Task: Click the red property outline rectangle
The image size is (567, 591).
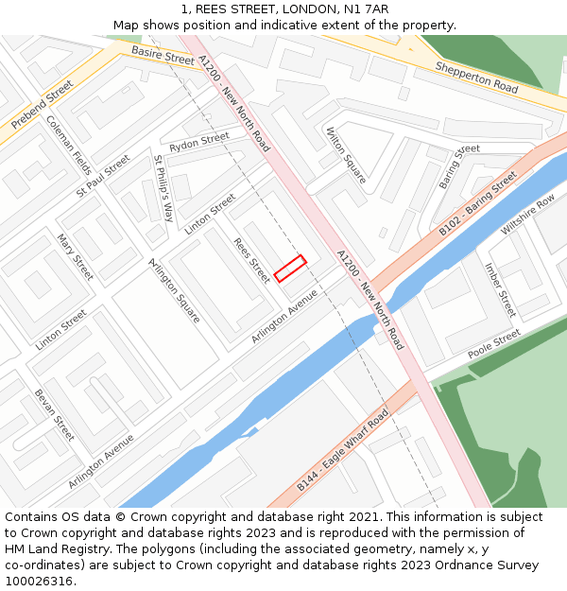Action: (290, 269)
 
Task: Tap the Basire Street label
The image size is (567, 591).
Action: (163, 57)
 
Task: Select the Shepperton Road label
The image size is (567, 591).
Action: (476, 77)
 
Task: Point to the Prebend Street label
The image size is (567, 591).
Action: (42, 105)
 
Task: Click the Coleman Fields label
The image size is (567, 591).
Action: (69, 146)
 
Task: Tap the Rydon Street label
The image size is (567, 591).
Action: (198, 143)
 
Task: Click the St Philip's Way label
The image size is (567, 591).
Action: (163, 190)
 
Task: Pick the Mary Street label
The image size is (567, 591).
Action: (76, 257)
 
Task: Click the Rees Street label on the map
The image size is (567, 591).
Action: (251, 260)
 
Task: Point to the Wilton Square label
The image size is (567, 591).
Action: (345, 154)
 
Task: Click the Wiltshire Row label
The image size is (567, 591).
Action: (528, 217)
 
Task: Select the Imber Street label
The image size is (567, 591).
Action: (500, 290)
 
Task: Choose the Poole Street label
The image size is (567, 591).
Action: (493, 344)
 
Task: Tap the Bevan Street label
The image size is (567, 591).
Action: (54, 415)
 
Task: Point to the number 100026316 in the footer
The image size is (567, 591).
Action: (38, 582)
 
